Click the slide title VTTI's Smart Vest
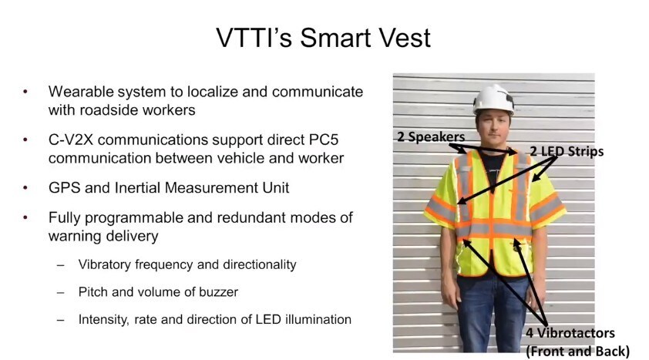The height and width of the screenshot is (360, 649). [x=323, y=38]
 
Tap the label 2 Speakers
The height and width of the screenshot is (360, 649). [x=431, y=137]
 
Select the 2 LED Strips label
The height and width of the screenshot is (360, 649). [x=567, y=151]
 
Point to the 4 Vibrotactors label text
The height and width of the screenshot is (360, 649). [x=570, y=333]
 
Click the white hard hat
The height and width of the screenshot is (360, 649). [x=494, y=99]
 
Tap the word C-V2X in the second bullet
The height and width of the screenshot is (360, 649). [x=71, y=140]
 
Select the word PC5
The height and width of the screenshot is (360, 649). [x=324, y=140]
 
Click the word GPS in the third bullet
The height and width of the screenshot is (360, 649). [x=64, y=188]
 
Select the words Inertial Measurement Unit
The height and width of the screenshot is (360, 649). [x=202, y=188]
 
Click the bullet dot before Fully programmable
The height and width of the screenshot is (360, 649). [x=25, y=217]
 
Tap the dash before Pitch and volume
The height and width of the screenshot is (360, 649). [x=61, y=293]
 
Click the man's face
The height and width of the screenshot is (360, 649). [x=493, y=129]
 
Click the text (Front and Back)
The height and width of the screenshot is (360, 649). [x=578, y=352]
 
